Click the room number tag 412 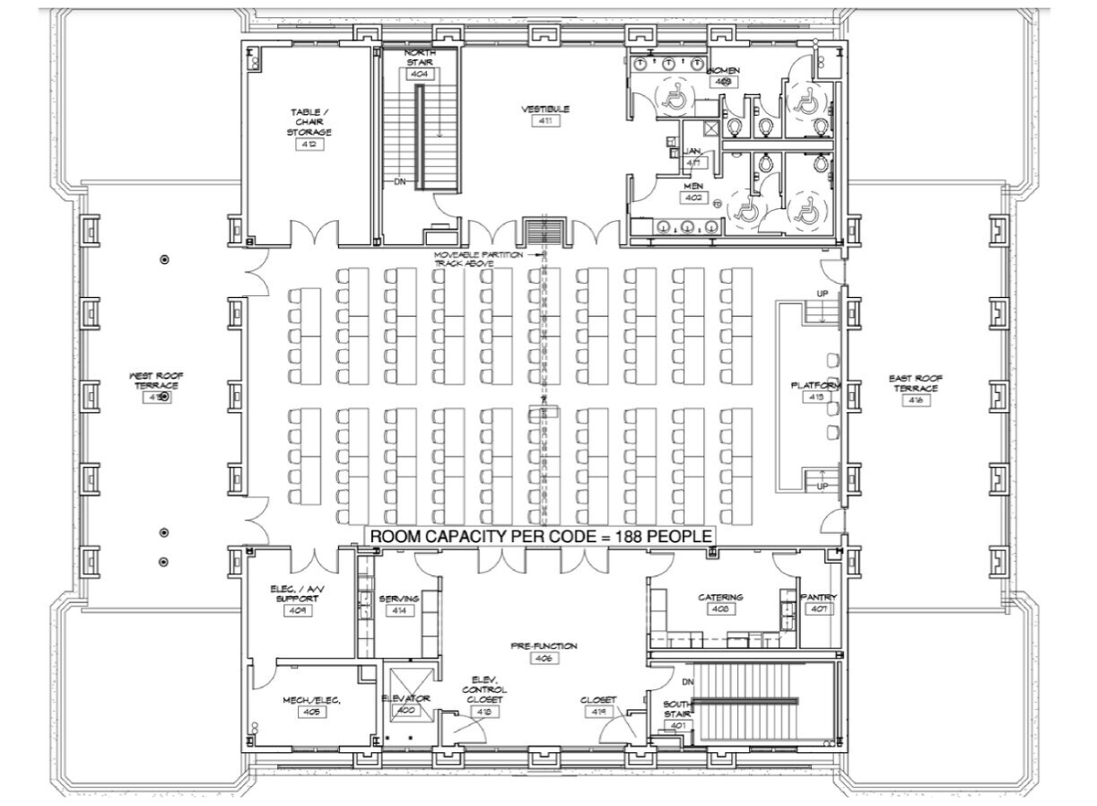pyautogui.click(x=309, y=145)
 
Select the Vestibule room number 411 pyautogui.click(x=545, y=121)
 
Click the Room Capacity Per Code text pyautogui.click(x=542, y=536)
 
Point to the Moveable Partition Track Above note pyautogui.click(x=478, y=258)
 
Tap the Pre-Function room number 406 pyautogui.click(x=544, y=658)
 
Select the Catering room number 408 pyautogui.click(x=720, y=609)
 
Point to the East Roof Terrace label pyautogui.click(x=915, y=383)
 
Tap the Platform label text pyautogui.click(x=815, y=385)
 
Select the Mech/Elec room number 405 pyautogui.click(x=312, y=712)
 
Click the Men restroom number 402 pyautogui.click(x=693, y=197)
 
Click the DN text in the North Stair pyautogui.click(x=400, y=181)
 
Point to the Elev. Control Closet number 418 pyautogui.click(x=484, y=712)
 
